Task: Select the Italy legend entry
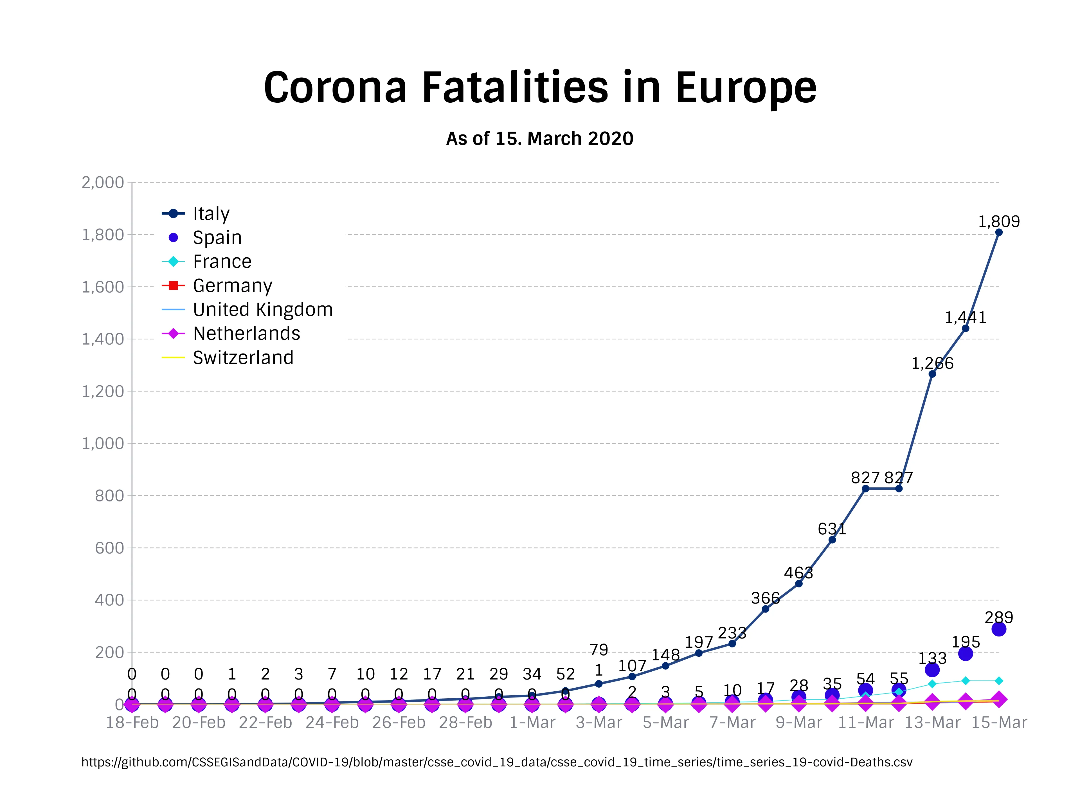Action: point(211,213)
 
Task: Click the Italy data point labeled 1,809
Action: point(998,232)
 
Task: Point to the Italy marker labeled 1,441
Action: point(965,328)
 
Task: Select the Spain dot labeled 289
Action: point(998,629)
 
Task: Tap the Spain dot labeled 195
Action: point(965,654)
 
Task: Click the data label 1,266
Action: point(932,363)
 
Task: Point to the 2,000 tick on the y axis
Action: point(103,183)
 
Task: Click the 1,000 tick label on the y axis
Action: point(103,443)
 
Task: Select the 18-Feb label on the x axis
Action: point(132,723)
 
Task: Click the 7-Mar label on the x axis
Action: point(732,723)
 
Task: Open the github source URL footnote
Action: point(496,762)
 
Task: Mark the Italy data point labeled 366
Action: point(765,609)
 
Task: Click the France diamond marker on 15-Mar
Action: point(998,681)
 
